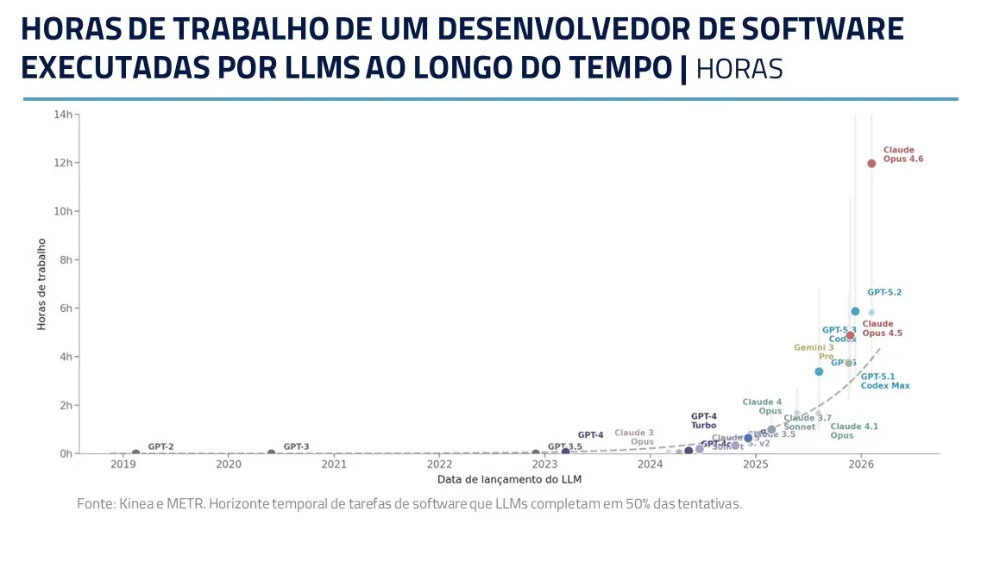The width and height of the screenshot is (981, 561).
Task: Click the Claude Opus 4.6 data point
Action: tap(871, 163)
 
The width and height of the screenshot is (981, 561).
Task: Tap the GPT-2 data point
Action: tap(135, 452)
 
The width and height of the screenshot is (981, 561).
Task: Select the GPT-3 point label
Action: tap(296, 446)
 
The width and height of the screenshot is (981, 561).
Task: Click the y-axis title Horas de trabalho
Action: tap(41, 284)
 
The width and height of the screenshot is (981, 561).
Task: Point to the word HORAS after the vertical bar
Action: tap(739, 69)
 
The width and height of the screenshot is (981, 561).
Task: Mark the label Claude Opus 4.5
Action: tap(882, 328)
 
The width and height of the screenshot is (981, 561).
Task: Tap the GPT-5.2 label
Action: tap(884, 292)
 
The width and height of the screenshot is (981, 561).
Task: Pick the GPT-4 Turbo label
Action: tap(703, 421)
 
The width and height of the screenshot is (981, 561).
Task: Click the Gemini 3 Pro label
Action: tap(814, 352)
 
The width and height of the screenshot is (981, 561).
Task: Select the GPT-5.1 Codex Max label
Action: tap(884, 381)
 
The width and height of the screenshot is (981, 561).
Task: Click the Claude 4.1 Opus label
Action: tap(853, 431)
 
